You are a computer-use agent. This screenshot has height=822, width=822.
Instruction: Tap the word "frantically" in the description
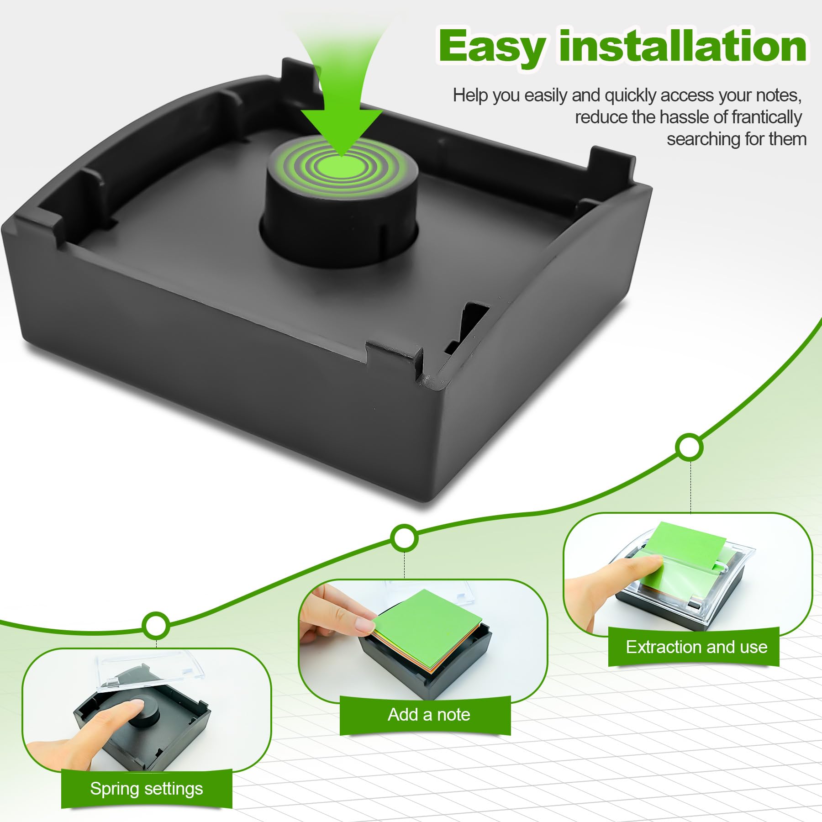tap(767, 117)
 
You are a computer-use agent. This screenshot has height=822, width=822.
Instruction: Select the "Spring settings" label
tap(147, 789)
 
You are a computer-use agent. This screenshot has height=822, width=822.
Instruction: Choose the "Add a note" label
tap(429, 715)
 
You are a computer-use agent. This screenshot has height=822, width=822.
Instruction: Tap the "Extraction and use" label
tap(696, 647)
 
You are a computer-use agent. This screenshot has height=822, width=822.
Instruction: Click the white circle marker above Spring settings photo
tap(156, 625)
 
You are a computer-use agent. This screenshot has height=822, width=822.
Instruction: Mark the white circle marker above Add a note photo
tap(404, 539)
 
